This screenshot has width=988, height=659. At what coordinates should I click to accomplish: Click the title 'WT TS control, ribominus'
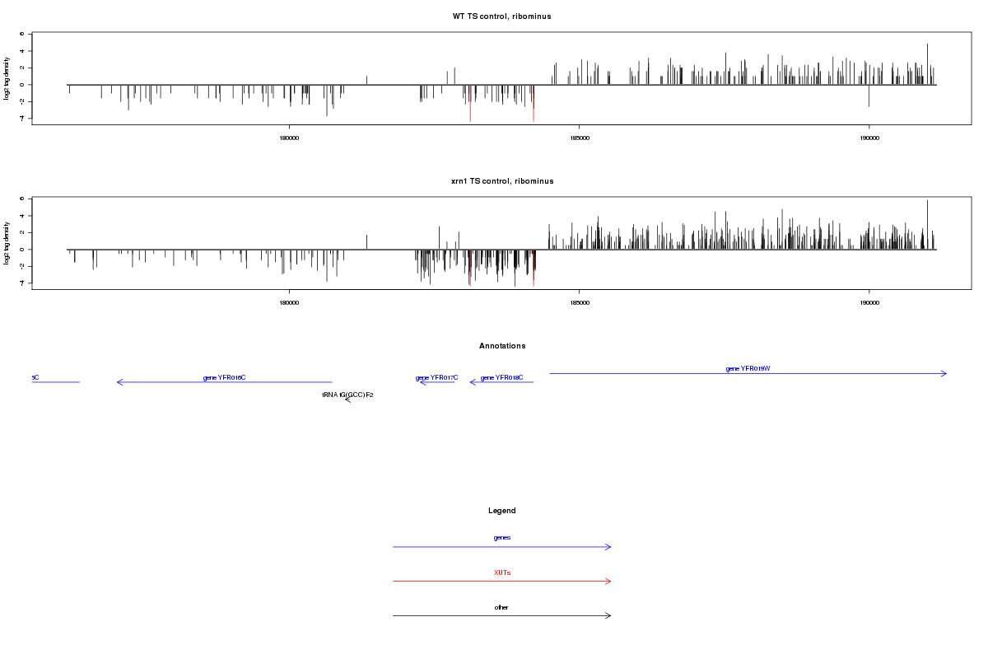coord(501,16)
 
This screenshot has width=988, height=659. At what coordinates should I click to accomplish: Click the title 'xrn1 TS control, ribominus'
coord(501,181)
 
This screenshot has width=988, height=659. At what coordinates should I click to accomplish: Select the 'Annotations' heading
coord(501,346)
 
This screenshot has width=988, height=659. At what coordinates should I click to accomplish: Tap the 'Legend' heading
coord(501,511)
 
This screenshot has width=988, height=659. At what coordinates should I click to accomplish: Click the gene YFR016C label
coord(224,378)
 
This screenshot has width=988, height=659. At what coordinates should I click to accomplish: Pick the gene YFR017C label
coord(436,378)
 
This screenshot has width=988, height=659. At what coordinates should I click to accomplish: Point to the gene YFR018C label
coord(501,378)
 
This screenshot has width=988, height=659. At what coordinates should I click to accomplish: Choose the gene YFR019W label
coord(748,369)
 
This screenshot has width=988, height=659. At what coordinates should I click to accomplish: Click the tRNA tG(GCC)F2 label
coord(347,395)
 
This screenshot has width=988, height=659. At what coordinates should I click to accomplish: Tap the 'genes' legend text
coord(501,538)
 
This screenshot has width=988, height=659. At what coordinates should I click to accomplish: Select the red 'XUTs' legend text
coord(501,573)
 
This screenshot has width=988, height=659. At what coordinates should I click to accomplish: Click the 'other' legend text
coord(501,608)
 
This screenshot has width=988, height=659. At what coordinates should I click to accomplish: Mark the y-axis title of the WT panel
coord(7,79)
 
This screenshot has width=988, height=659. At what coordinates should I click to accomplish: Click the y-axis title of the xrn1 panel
coord(7,244)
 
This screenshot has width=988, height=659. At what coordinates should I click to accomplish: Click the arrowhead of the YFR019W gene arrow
coord(945,374)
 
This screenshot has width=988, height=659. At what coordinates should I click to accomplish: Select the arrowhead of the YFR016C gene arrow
coord(119,382)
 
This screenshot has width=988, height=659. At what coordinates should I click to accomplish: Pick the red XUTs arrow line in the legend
coord(501,582)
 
